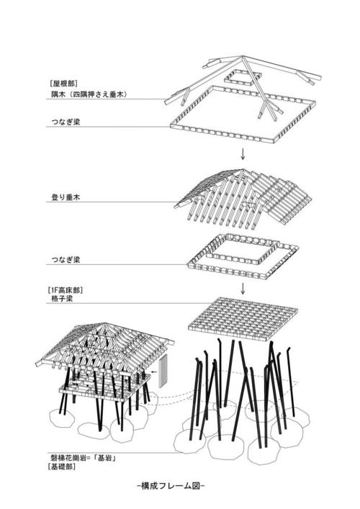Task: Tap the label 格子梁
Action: point(58,299)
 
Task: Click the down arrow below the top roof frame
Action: point(243,154)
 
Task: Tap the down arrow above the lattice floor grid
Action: point(244,289)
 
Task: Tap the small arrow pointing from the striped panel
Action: point(150,373)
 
